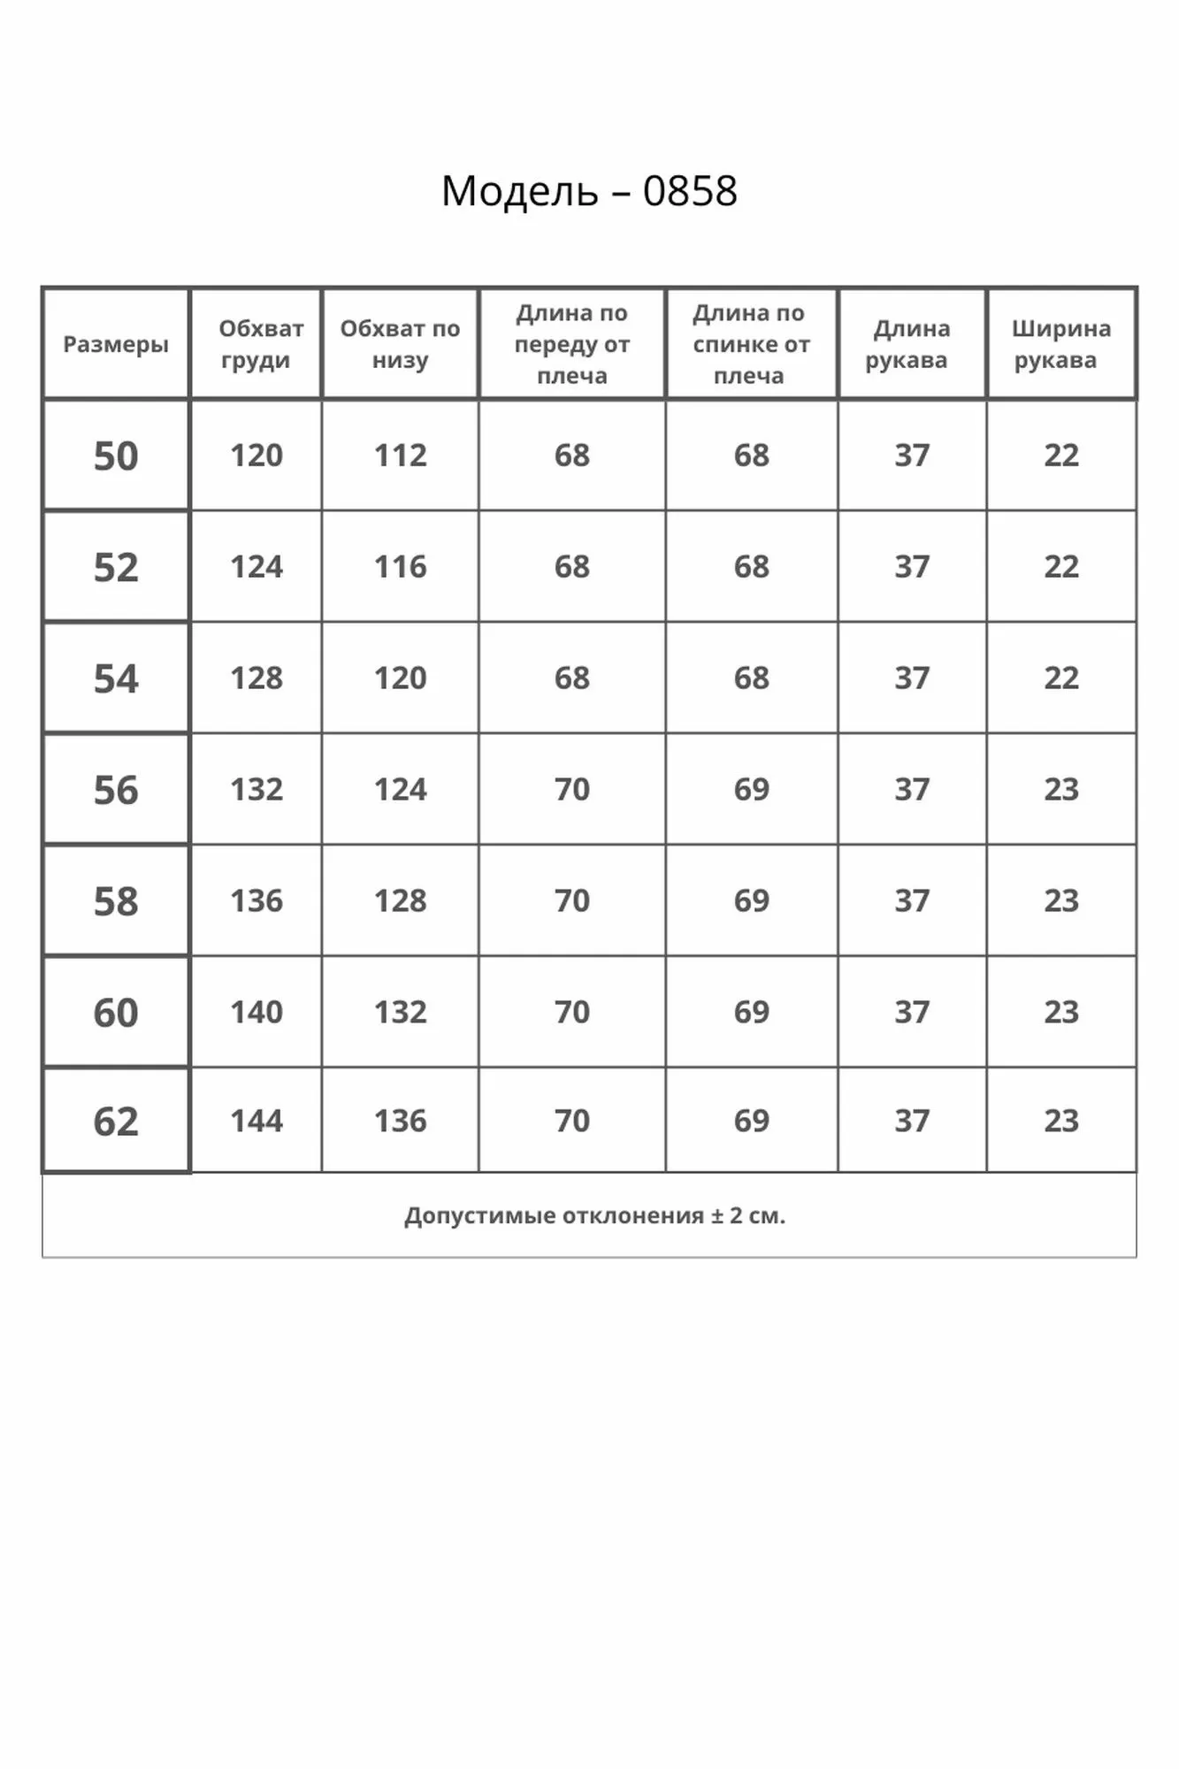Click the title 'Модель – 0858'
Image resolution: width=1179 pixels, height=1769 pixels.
tap(589, 191)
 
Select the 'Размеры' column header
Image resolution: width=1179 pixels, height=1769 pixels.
tap(116, 344)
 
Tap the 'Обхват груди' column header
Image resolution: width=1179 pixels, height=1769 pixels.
tap(256, 344)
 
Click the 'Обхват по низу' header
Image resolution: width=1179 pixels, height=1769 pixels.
tap(400, 344)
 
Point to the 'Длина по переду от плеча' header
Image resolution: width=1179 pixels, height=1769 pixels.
tap(572, 344)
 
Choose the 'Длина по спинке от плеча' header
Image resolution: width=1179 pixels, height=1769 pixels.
tap(751, 344)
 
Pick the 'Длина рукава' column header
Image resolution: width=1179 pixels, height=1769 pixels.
tap(911, 344)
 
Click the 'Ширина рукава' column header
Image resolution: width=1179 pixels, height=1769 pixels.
tap(1060, 344)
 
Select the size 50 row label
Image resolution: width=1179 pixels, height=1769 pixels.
tap(116, 456)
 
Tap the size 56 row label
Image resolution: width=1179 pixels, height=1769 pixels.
tap(116, 790)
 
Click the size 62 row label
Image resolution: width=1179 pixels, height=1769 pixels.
tap(116, 1122)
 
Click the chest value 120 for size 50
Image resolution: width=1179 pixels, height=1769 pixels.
tap(256, 456)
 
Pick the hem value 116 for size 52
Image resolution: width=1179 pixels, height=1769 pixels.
tap(400, 567)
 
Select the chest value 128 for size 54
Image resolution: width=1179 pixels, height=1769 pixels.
tap(256, 678)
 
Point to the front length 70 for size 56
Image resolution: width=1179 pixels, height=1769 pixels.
tap(572, 790)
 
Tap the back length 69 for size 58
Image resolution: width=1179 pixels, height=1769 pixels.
tap(751, 901)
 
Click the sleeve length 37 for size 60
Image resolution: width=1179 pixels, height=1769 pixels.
tap(911, 1012)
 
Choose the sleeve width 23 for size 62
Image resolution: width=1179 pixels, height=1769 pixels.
tap(1060, 1122)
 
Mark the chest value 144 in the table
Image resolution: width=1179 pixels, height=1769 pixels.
tap(256, 1122)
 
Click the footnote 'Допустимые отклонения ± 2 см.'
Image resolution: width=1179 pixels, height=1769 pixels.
tap(594, 1216)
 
